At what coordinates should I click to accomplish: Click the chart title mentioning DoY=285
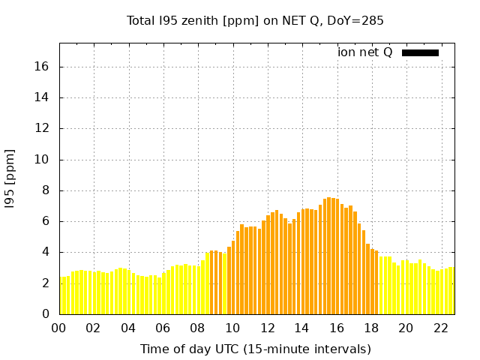pyautogui.click(x=255, y=21)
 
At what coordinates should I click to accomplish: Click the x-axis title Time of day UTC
pyautogui.click(x=255, y=349)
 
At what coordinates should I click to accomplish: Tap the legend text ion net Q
pyautogui.click(x=364, y=52)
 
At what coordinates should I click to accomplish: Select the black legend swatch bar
pyautogui.click(x=420, y=52)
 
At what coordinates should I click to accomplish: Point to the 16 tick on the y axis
pyautogui.click(x=42, y=67)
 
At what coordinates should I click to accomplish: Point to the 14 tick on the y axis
pyautogui.click(x=42, y=97)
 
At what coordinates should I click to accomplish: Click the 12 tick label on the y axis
pyautogui.click(x=42, y=128)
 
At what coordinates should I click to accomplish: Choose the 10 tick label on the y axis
pyautogui.click(x=42, y=160)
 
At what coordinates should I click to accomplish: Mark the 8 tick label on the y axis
pyautogui.click(x=45, y=190)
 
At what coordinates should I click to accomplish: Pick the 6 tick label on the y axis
pyautogui.click(x=45, y=221)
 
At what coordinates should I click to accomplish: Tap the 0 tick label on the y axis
pyautogui.click(x=45, y=313)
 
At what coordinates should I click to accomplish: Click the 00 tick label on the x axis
pyautogui.click(x=59, y=328)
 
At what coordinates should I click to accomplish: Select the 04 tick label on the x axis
pyautogui.click(x=128, y=328)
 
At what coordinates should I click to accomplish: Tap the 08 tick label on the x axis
pyautogui.click(x=198, y=328)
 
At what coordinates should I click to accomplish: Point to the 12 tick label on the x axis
pyautogui.click(x=267, y=328)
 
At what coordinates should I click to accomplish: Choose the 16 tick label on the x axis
pyautogui.click(x=337, y=328)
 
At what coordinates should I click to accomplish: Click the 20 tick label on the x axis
pyautogui.click(x=406, y=328)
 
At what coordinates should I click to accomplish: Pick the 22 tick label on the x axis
pyautogui.click(x=440, y=328)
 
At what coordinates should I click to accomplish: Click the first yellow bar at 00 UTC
pyautogui.click(x=62, y=296)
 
